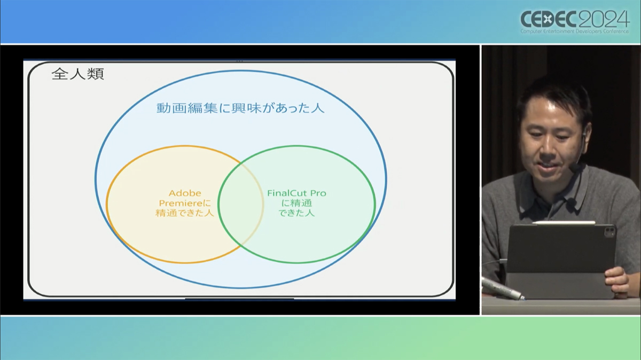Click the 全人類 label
pyautogui.click(x=78, y=74)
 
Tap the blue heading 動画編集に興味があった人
pyautogui.click(x=240, y=108)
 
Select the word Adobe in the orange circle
pyautogui.click(x=185, y=193)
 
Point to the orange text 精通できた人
pyautogui.click(x=185, y=213)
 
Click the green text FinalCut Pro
pyautogui.click(x=297, y=193)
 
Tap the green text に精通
pyautogui.click(x=297, y=203)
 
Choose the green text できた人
pyautogui.click(x=297, y=213)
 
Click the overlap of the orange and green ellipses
pyautogui.click(x=241, y=204)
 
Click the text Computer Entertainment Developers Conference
pyautogui.click(x=575, y=32)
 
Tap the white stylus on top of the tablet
pyautogui.click(x=564, y=223)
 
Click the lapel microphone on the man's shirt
pyautogui.click(x=572, y=202)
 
